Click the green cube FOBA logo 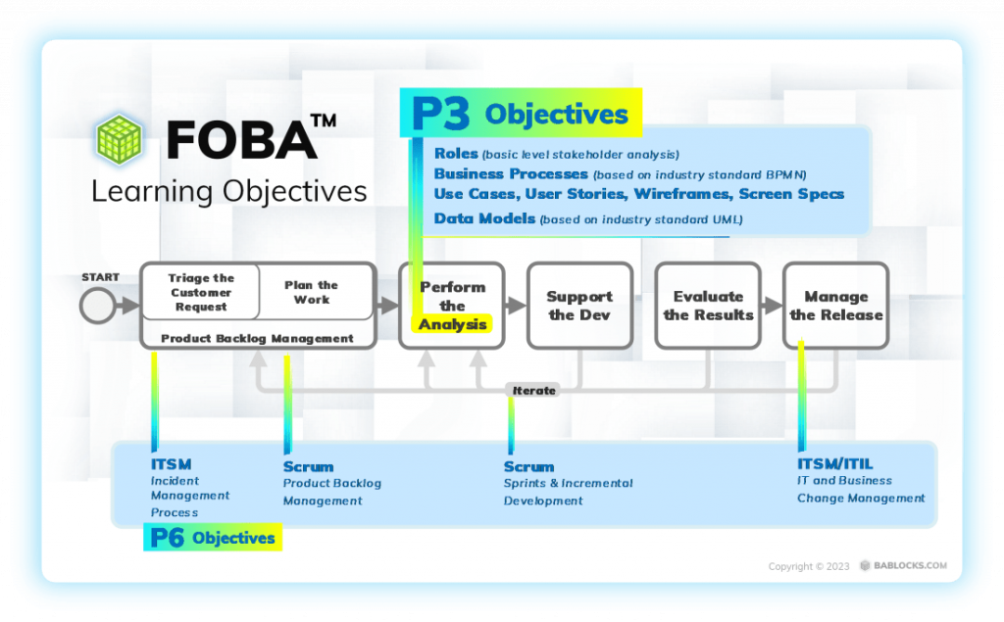point(119,138)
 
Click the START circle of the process point(97,306)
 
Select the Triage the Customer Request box point(201,292)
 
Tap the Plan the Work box point(312,292)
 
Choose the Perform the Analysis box point(452,305)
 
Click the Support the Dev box point(579,305)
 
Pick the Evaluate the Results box point(708,305)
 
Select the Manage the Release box point(835,305)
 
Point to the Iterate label point(534,390)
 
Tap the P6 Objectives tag point(213,537)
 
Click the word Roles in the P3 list point(456,154)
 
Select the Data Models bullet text point(484,218)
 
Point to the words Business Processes point(511,173)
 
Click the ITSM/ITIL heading point(834,463)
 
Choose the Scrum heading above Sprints point(528,466)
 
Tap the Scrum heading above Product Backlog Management point(308,466)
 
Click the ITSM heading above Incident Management point(171,463)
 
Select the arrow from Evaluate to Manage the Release point(770,306)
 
